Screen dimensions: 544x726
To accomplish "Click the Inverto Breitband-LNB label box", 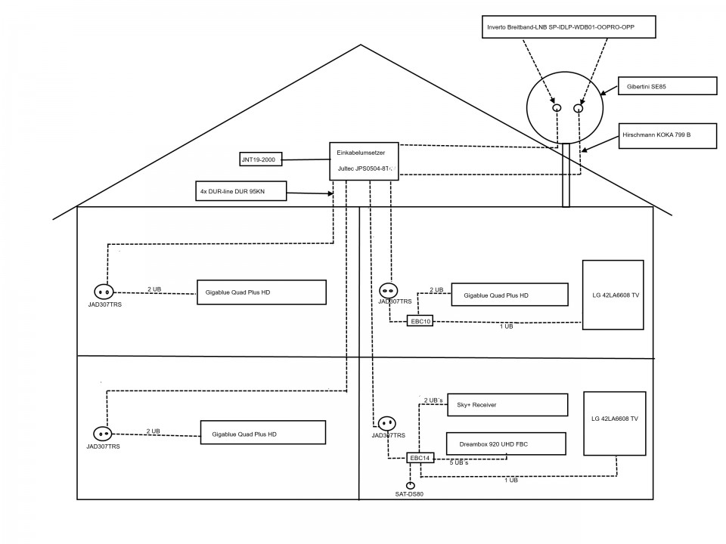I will [x=569, y=28].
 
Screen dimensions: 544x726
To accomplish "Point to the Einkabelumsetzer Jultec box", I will [x=365, y=161].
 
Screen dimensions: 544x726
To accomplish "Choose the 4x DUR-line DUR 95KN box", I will [x=240, y=192].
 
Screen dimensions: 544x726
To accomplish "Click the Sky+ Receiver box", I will [x=507, y=404].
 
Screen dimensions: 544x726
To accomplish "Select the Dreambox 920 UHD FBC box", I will [x=507, y=444].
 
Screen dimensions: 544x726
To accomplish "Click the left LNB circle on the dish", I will [x=557, y=108].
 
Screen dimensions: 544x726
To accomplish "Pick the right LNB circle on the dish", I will [x=579, y=109].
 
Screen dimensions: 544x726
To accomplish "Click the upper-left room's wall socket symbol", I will [x=103, y=292].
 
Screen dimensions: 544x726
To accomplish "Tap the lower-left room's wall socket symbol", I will [x=102, y=434].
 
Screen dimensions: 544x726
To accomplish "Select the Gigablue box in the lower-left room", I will [x=262, y=432].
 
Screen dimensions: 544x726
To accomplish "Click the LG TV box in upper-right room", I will [x=613, y=295].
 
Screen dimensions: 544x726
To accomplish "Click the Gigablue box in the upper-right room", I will [x=509, y=295].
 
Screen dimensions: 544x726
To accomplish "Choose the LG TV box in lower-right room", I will [x=614, y=423].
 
